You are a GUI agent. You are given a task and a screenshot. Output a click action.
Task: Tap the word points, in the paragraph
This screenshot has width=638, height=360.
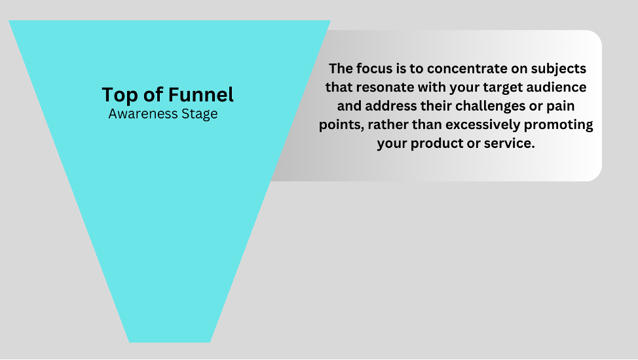coord(341,125)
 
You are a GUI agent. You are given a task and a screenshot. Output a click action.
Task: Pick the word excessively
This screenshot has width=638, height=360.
coord(483,124)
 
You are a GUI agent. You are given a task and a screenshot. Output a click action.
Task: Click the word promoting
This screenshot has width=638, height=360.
coord(558,125)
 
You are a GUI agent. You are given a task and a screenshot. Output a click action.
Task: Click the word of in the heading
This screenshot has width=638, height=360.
coord(153,94)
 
